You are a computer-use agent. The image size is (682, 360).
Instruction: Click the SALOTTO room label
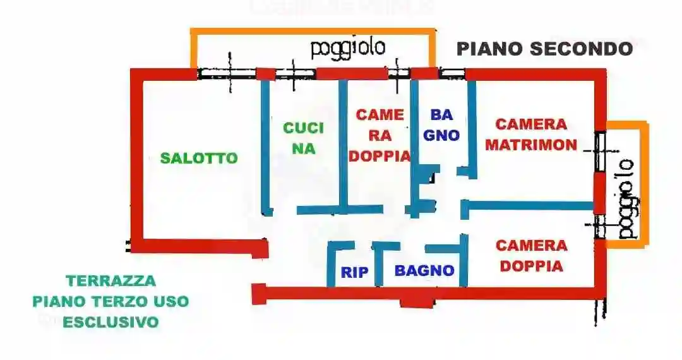(199, 158)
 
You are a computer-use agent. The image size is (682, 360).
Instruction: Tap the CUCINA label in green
(303, 138)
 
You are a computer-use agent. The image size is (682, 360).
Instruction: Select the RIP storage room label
(354, 273)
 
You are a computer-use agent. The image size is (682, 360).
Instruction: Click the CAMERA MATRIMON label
(531, 135)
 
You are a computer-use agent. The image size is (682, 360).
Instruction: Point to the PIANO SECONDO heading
(544, 49)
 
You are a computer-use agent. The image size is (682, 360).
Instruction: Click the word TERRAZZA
(111, 280)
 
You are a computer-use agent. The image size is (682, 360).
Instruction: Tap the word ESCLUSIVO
(111, 322)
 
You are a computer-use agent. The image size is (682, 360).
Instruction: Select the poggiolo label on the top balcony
(348, 47)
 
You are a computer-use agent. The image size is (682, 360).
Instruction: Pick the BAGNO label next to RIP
(424, 270)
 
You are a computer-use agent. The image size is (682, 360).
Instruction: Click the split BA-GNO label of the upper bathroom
(441, 125)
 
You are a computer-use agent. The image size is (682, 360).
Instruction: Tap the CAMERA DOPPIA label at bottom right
(532, 256)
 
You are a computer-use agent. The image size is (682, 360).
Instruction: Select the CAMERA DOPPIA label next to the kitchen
(380, 136)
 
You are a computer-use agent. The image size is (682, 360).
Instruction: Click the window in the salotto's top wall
(227, 74)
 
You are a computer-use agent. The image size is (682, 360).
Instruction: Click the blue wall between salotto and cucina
(265, 148)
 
